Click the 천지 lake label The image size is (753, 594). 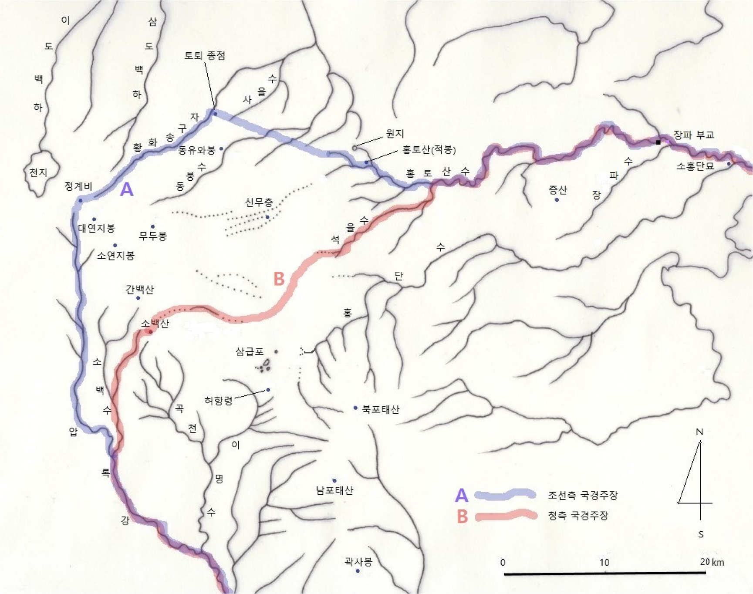[x=38, y=172]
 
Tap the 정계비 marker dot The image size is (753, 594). [x=81, y=200]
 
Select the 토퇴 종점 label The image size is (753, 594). [x=205, y=55]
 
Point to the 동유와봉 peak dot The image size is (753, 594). [x=221, y=148]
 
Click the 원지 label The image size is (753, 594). [x=395, y=134]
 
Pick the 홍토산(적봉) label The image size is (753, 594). [x=429, y=150]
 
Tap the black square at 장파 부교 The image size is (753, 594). [x=658, y=142]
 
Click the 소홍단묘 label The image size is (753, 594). [x=695, y=166]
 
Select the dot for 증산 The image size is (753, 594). [x=557, y=200]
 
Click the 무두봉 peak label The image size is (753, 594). [x=153, y=236]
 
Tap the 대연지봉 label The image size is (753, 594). [x=97, y=228]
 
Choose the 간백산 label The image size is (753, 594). [x=139, y=289]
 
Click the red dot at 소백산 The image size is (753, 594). [x=150, y=332]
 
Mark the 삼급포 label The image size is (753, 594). [x=250, y=351]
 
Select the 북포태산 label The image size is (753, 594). [x=381, y=409]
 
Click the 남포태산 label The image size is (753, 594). [x=334, y=490]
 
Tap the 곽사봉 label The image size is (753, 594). [x=358, y=561]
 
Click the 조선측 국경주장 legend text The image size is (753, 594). [x=583, y=495]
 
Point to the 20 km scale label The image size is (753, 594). [x=712, y=562]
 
